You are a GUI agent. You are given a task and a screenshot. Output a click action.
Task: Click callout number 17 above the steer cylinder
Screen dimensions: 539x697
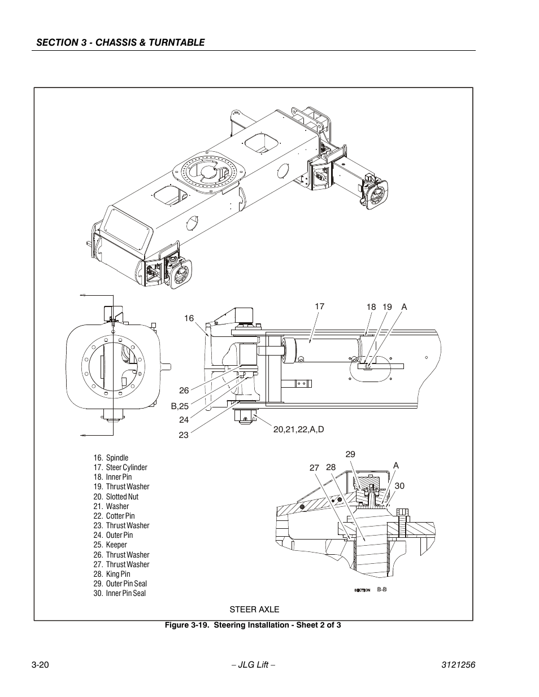[x=319, y=306]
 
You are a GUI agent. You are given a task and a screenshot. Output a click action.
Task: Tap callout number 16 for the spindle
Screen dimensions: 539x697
[x=189, y=318]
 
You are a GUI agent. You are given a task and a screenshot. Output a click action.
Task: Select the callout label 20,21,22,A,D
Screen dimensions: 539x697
[x=298, y=429]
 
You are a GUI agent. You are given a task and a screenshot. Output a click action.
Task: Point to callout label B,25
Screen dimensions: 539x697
[x=180, y=406]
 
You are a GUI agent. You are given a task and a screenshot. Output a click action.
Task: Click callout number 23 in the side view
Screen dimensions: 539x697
[x=184, y=435]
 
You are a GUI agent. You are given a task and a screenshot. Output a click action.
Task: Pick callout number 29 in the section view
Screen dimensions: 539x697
[x=350, y=454]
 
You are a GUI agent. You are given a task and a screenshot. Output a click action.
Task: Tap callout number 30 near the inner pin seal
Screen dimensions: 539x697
[x=399, y=485]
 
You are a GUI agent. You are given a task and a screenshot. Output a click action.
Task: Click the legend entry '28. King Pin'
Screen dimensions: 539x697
[x=112, y=574]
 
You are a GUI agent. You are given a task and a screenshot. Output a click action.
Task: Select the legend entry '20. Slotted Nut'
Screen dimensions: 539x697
[x=116, y=497]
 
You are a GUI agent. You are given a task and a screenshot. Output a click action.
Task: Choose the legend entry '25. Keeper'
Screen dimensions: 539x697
[x=110, y=545]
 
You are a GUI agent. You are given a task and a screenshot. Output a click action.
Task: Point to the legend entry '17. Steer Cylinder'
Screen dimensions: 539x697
[x=120, y=467]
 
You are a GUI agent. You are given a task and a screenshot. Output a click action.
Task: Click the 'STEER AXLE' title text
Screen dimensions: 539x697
[x=254, y=610]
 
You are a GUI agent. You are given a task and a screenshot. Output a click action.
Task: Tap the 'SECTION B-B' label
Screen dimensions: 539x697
[x=371, y=590]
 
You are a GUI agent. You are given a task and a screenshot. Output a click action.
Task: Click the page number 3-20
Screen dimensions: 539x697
[x=40, y=665]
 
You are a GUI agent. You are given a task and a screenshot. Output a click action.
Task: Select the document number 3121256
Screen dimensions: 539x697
[x=458, y=665]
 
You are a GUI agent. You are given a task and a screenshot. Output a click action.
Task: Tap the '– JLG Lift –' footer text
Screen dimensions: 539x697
[x=254, y=665]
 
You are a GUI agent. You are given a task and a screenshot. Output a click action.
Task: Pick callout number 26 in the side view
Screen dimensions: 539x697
[x=184, y=391]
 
